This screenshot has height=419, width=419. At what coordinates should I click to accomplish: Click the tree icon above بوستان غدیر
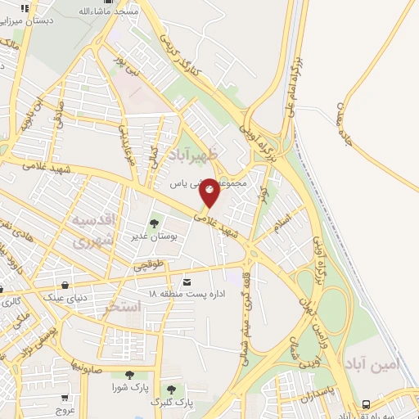click(153, 223)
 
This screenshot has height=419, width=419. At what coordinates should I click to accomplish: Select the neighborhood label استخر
click(124, 306)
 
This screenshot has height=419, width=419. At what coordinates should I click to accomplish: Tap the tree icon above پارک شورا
click(128, 374)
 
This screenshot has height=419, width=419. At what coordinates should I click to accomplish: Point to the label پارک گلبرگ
click(171, 402)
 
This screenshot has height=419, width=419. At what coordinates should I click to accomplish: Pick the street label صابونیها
click(85, 363)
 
